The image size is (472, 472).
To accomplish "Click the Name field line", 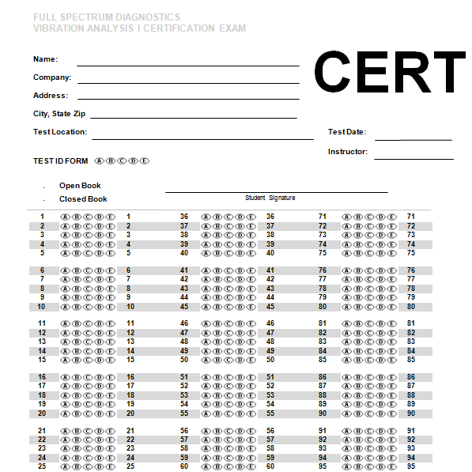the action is (x=187, y=66).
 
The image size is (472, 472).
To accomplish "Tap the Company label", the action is (x=52, y=77).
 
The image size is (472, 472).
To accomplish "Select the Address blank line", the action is (x=187, y=99).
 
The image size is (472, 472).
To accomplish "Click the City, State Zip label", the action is (x=59, y=114).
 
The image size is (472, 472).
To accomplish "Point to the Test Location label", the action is (x=60, y=132).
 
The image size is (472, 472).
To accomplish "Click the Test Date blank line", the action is (x=413, y=140).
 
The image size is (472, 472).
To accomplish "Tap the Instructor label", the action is (x=348, y=151).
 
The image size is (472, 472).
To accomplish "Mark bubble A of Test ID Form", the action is (x=99, y=161).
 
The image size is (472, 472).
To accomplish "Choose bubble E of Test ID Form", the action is (x=144, y=161).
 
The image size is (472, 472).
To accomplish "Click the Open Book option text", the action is (x=80, y=186).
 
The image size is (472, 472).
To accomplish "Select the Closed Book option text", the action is (x=83, y=199).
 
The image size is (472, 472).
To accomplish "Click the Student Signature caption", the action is (x=270, y=198).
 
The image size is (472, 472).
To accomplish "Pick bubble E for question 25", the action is (x=111, y=466).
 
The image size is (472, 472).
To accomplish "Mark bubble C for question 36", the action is (x=228, y=217).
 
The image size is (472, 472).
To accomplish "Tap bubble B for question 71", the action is (x=357, y=217).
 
